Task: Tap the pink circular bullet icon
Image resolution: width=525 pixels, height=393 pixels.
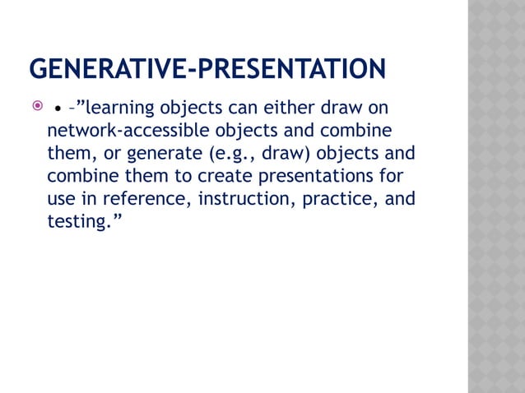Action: coord(35,108)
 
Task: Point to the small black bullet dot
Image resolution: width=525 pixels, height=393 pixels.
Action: coord(58,109)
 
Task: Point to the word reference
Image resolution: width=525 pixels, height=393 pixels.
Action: coord(146,199)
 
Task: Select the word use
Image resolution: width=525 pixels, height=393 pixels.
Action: coord(62,199)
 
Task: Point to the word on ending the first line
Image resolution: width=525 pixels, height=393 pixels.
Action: coord(378,109)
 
